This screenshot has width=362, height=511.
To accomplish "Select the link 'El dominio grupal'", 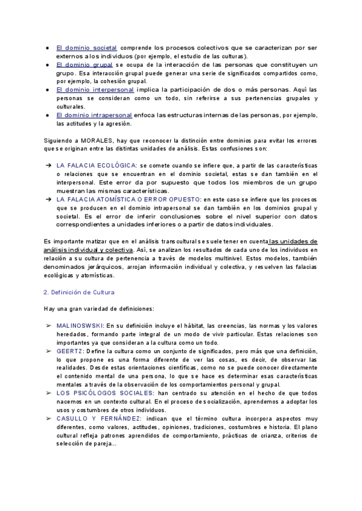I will [84, 64].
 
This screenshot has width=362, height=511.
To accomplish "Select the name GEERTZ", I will [70, 351].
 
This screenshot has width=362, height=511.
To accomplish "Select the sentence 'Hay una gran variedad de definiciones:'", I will [99, 309].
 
